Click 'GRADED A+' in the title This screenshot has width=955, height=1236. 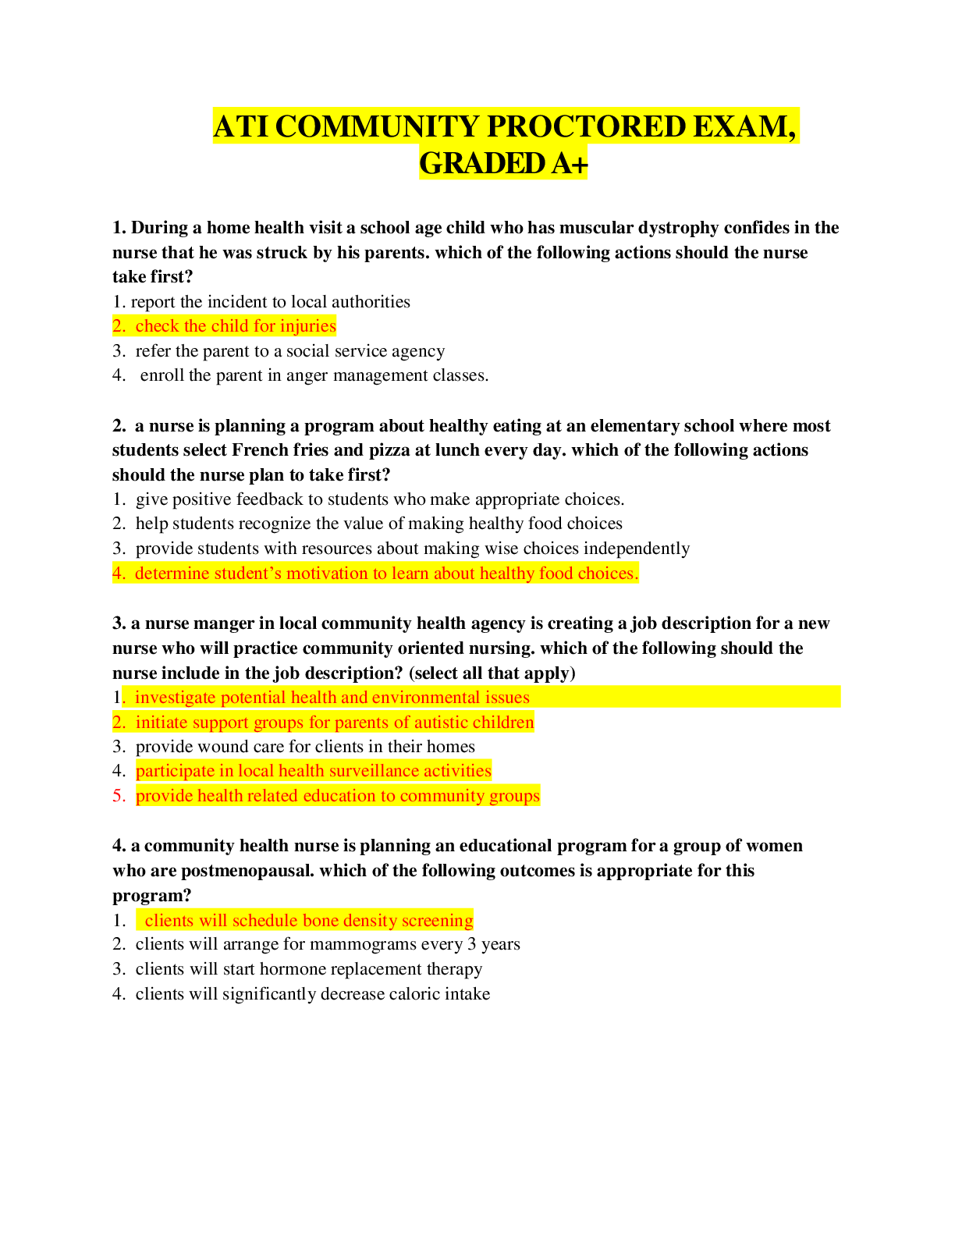[503, 164]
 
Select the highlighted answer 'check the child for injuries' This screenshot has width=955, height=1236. [235, 326]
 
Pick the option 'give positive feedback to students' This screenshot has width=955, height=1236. [379, 499]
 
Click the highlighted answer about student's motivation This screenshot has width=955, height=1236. [385, 574]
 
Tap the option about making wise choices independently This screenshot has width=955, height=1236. [412, 549]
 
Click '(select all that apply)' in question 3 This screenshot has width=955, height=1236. [492, 673]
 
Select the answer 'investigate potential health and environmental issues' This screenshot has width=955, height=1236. [332, 698]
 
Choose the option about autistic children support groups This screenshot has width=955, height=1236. [334, 723]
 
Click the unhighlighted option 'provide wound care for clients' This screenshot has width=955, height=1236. [304, 747]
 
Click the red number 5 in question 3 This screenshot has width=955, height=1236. [119, 796]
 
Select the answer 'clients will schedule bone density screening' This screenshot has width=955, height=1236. [308, 921]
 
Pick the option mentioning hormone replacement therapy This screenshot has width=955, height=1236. [308, 969]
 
